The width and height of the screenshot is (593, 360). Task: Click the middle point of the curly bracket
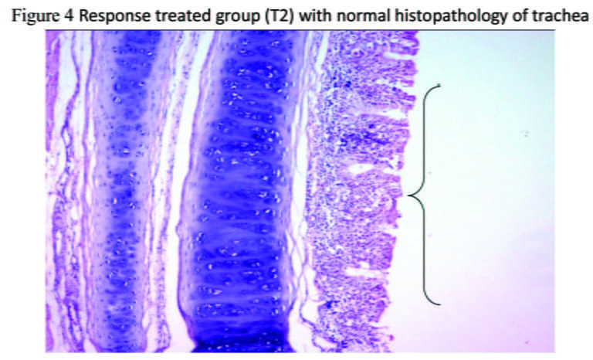pos(409,195)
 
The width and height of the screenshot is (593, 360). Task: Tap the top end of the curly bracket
pos(440,86)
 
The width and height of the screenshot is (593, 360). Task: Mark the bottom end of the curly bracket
pos(440,304)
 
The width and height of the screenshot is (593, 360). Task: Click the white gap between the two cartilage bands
pos(182,114)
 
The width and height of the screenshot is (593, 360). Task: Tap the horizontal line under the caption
pos(300,29)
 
